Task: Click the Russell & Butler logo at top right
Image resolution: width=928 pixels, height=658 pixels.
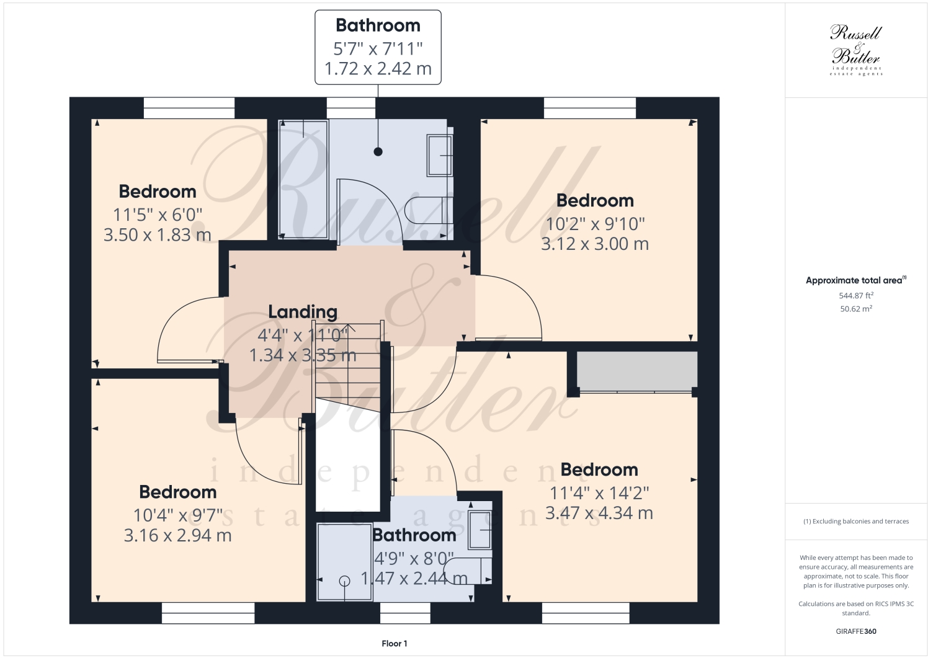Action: [x=856, y=50]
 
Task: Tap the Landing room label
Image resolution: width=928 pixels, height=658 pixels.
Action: [x=303, y=311]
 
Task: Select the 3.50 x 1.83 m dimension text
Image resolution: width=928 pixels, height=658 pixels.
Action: [x=158, y=235]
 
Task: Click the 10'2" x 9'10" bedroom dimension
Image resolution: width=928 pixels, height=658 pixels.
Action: [x=595, y=223]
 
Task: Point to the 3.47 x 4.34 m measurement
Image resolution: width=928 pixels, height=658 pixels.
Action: [x=599, y=514]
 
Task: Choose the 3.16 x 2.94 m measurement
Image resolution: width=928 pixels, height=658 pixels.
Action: [x=178, y=535]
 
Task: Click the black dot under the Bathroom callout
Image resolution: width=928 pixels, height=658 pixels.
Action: [x=378, y=151]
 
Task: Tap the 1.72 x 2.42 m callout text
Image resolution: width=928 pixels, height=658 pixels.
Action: [x=378, y=69]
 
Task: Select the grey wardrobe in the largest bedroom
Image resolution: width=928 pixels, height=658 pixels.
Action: [x=636, y=371]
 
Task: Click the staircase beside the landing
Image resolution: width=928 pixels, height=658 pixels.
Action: [x=347, y=366]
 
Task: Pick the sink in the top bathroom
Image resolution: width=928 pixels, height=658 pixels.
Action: [x=440, y=155]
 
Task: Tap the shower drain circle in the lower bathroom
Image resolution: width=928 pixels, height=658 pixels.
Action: [x=345, y=580]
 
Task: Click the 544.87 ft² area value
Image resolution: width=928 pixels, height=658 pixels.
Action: [x=855, y=296]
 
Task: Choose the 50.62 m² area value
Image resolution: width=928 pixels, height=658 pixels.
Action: [x=855, y=309]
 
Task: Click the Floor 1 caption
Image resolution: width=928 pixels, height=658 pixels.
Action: [x=395, y=644]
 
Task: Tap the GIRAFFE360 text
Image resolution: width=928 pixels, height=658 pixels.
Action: [x=855, y=632]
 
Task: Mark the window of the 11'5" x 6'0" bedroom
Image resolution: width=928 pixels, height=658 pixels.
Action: [x=189, y=108]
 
